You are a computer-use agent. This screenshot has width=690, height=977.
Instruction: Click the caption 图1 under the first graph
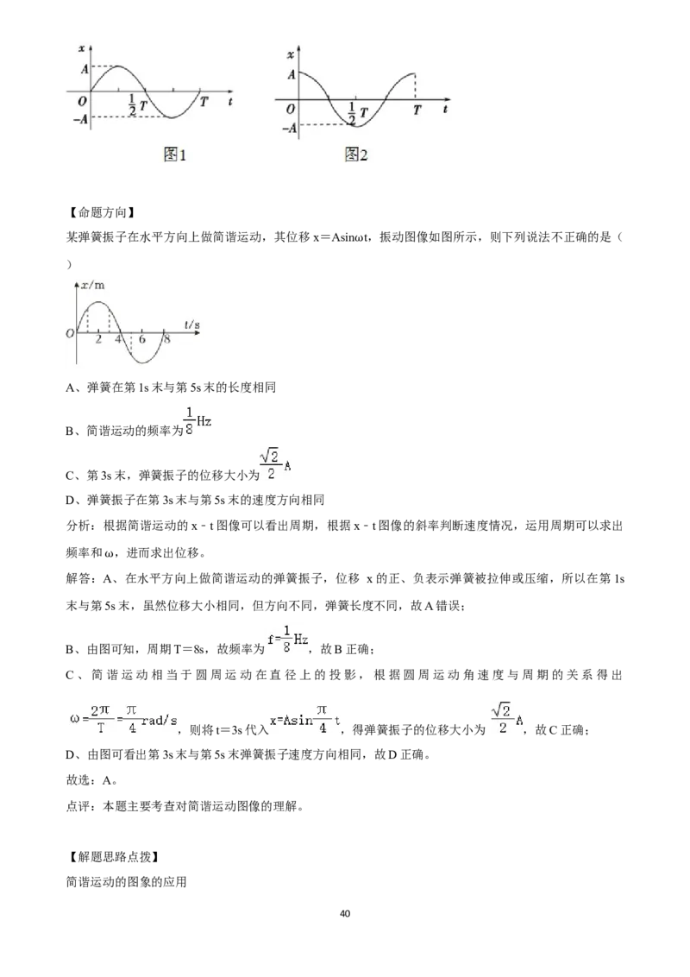tap(174, 154)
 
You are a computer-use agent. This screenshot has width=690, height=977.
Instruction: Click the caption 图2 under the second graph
tap(356, 154)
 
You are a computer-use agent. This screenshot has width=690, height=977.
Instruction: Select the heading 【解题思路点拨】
tap(111, 857)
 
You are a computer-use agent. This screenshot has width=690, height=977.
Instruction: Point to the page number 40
tap(345, 913)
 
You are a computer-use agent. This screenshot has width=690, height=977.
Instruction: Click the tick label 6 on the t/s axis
tap(142, 339)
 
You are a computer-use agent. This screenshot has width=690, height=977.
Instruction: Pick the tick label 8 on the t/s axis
tap(167, 339)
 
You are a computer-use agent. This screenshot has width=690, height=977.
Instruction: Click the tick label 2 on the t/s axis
tap(98, 339)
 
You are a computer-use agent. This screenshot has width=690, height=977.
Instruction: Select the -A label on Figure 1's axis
tap(81, 118)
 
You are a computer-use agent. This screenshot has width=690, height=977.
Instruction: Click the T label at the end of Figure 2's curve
tap(417, 110)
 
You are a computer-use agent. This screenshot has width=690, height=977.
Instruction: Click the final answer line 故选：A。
tap(92, 780)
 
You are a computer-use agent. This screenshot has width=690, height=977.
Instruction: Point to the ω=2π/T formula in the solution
tap(123, 720)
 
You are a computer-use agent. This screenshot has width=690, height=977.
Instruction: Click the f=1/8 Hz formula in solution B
tap(288, 640)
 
